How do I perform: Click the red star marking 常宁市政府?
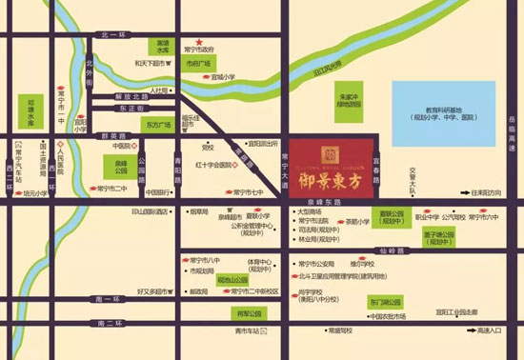[199, 43]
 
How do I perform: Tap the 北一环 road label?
[112, 34]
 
